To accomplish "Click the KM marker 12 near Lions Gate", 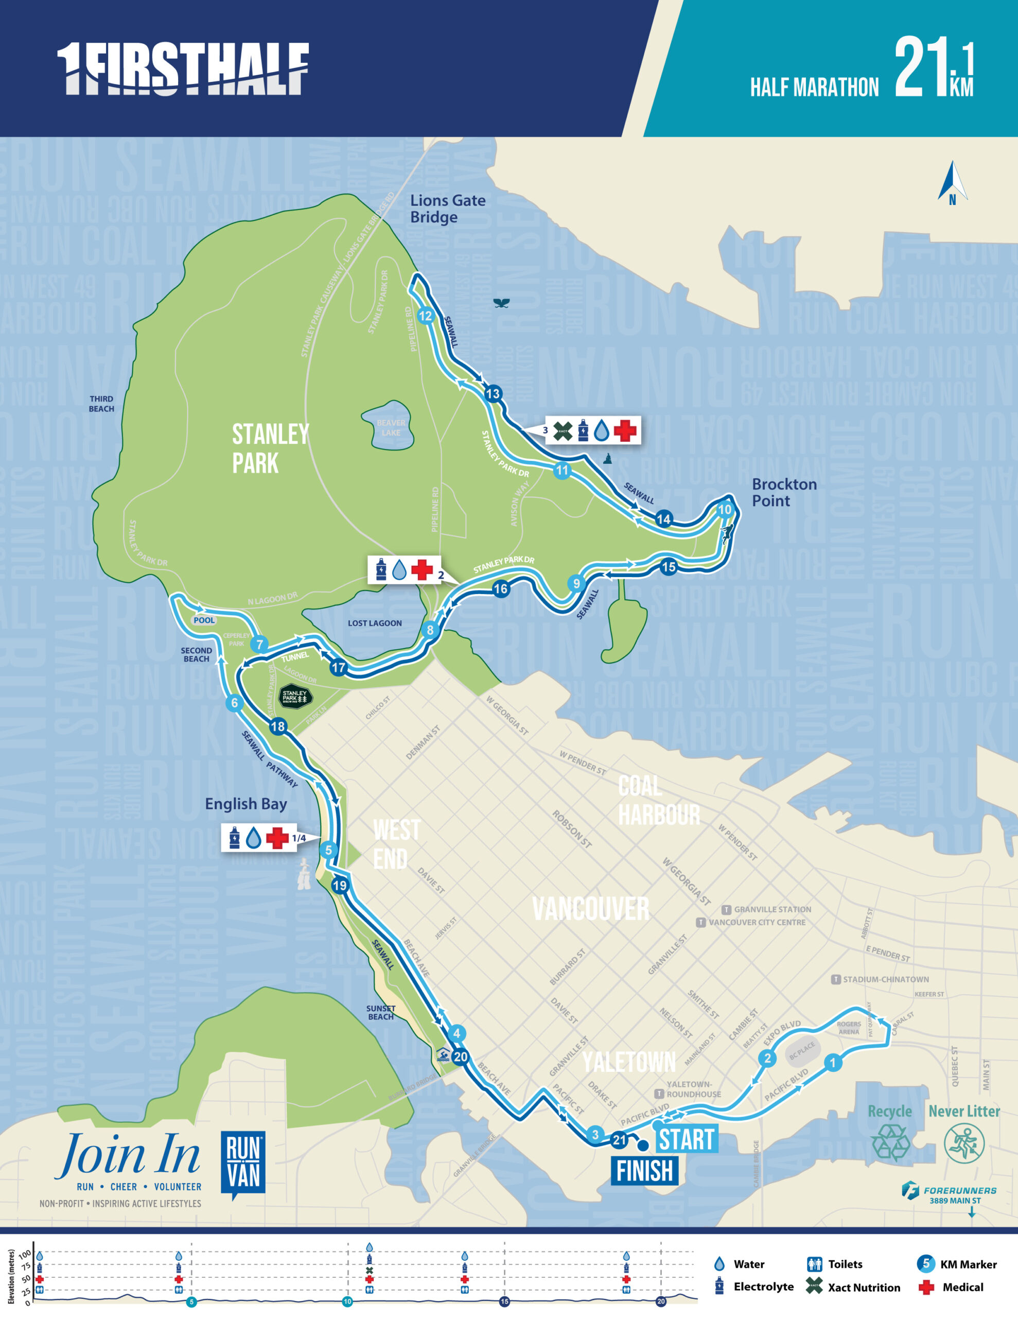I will coord(426,316).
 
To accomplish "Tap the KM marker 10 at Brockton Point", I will coord(724,509).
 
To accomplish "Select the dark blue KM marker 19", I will coord(340,886).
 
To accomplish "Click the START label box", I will coord(687,1139).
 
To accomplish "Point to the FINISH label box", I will coord(644,1171).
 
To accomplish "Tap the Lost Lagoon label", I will coord(374,623).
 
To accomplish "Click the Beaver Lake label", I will coord(391,427).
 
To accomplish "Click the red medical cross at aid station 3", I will coord(625,430).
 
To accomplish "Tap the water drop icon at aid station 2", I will coord(399,570).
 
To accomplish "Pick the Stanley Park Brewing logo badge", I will coord(295,697).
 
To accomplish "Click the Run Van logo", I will coord(242,1165).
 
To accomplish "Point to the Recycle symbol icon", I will coord(890,1142).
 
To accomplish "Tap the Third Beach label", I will coord(101,404).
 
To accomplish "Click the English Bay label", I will coord(245,804).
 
